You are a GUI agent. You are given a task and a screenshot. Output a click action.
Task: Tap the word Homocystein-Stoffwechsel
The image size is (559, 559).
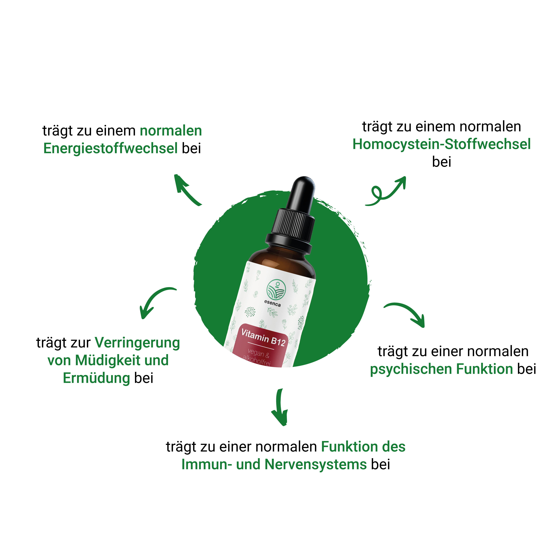point(442,144)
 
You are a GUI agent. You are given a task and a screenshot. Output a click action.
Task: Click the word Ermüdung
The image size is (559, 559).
point(96,378)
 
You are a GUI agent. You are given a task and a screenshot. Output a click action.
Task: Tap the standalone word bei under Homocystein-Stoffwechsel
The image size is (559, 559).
point(442,162)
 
